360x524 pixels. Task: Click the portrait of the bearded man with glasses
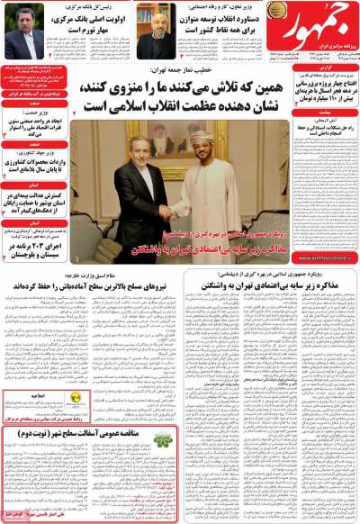tap(159, 24)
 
